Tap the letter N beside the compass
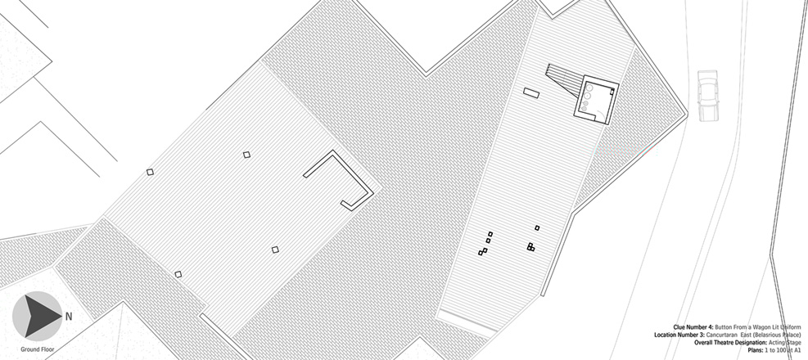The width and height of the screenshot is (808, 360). click(x=69, y=316)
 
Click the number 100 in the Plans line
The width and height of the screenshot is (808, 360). click(x=783, y=349)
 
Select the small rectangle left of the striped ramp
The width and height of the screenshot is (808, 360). click(x=530, y=92)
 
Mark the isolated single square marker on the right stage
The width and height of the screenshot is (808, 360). click(x=537, y=227)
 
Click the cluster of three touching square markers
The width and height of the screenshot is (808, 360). click(x=530, y=246)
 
